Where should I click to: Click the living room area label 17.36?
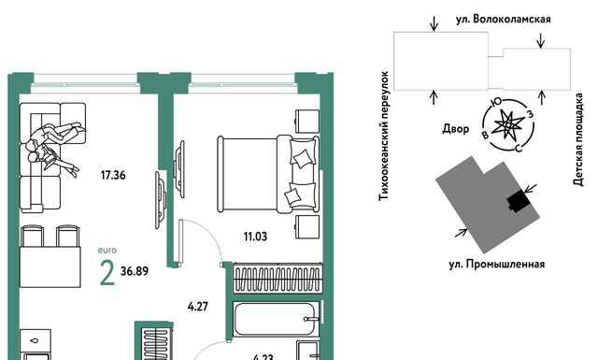pyautogui.click(x=113, y=175)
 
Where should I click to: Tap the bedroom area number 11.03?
pyautogui.click(x=255, y=237)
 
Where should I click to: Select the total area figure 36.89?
pyautogui.click(x=135, y=271)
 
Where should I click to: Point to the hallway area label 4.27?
pyautogui.click(x=198, y=306)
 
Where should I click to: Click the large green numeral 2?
pyautogui.click(x=107, y=273)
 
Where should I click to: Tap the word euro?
pyautogui.click(x=107, y=251)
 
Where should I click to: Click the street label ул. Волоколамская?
pyautogui.click(x=504, y=19)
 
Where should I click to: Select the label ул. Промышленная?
pyautogui.click(x=496, y=265)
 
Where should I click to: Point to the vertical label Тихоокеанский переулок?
pyautogui.click(x=384, y=136)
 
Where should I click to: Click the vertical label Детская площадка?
pyautogui.click(x=578, y=139)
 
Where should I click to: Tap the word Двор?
pyautogui.click(x=455, y=129)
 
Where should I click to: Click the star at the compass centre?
pyautogui.click(x=508, y=125)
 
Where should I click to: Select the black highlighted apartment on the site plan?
pyautogui.click(x=519, y=201)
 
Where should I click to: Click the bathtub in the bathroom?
pyautogui.click(x=277, y=319)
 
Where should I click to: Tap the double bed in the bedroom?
pyautogui.click(x=268, y=174)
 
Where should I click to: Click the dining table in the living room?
pyautogui.click(x=50, y=266)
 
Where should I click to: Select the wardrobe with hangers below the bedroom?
pyautogui.click(x=278, y=280)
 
